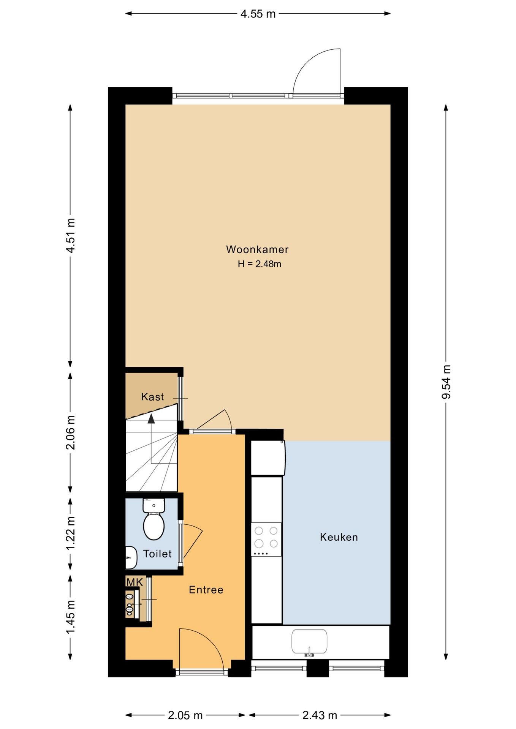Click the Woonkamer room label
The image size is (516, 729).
pyautogui.click(x=257, y=249)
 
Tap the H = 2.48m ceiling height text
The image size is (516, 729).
pyautogui.click(x=260, y=264)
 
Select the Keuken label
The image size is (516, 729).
pyautogui.click(x=339, y=537)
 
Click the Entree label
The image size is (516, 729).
pyautogui.click(x=206, y=590)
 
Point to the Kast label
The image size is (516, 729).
pyautogui.click(x=152, y=397)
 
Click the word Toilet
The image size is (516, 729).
pyautogui.click(x=157, y=554)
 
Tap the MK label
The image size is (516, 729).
pyautogui.click(x=135, y=582)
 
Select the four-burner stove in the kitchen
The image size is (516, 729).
pyautogui.click(x=266, y=539)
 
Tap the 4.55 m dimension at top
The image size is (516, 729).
pyautogui.click(x=258, y=14)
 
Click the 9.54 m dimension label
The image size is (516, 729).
pyautogui.click(x=446, y=382)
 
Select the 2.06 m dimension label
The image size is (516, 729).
pyautogui.click(x=70, y=432)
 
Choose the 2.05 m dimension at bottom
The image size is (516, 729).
pyautogui.click(x=185, y=715)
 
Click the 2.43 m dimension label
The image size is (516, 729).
pyautogui.click(x=320, y=715)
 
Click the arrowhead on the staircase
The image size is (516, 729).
pyautogui.click(x=151, y=418)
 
